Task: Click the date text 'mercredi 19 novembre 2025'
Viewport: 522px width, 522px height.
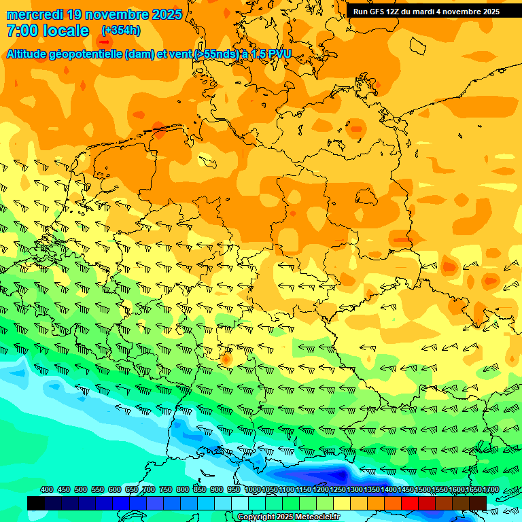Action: point(94,14)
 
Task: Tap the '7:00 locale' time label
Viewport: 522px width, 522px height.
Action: point(48,31)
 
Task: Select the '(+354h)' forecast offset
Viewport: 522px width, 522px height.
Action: point(121,31)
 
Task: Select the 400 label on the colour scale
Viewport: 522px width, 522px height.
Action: point(46,489)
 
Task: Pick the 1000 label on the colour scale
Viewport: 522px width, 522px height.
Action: point(252,489)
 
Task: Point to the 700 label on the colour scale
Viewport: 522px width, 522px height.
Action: point(148,489)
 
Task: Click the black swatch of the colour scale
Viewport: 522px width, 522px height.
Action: point(36,503)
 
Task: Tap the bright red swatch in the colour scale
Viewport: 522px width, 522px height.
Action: point(410,503)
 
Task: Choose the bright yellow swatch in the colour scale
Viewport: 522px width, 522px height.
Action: point(342,503)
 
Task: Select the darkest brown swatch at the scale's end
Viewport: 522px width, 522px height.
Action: point(478,503)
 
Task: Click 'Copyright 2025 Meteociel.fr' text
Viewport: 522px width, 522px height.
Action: point(288,517)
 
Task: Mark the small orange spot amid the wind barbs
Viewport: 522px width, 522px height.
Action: point(226,358)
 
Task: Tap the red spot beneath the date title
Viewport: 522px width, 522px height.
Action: point(103,41)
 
